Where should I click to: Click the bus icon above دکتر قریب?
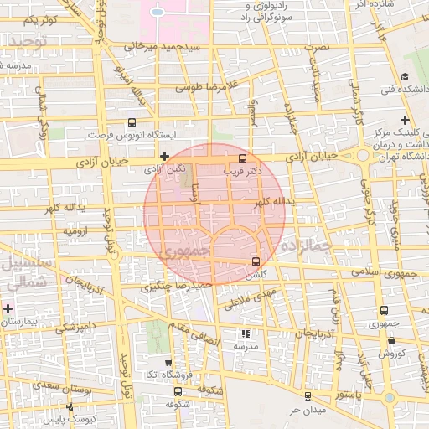pos(243,158)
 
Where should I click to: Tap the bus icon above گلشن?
pos(256,261)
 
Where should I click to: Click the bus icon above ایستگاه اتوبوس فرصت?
pos(131,121)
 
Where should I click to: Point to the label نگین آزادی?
pos(165,169)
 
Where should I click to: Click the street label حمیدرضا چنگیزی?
pos(173,287)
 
